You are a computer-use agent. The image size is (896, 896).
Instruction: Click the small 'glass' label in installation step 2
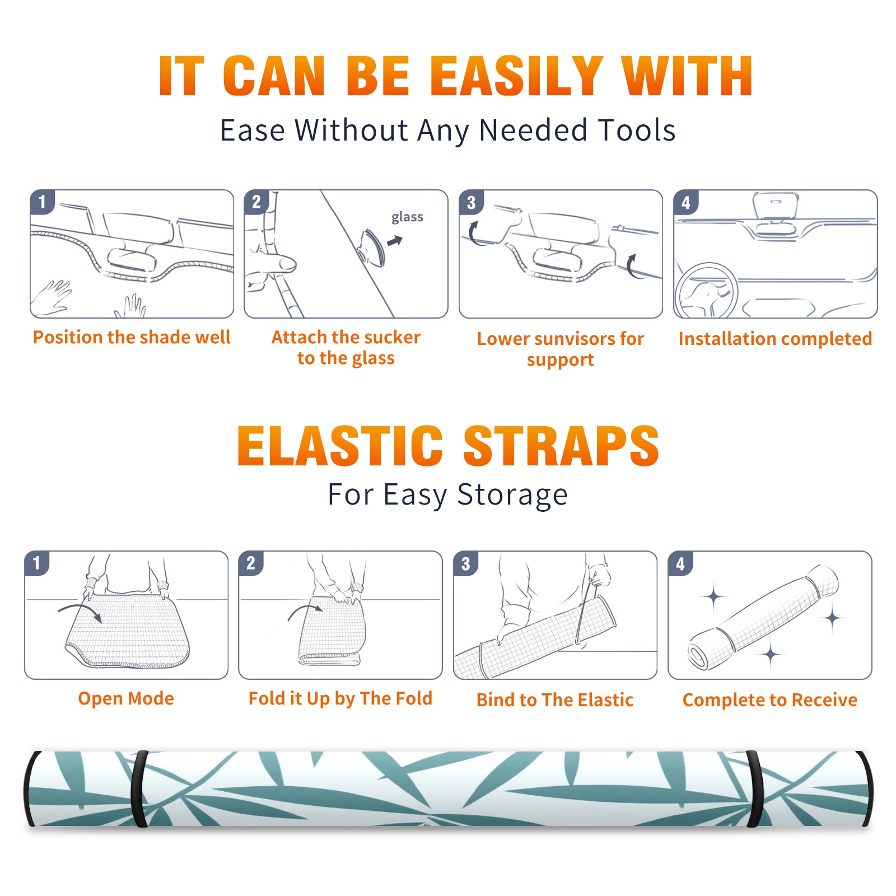[407, 217]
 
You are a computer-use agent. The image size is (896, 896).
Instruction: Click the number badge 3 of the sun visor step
[471, 202]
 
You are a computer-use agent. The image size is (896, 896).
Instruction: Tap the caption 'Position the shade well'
[132, 337]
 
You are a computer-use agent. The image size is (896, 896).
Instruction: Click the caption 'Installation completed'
[775, 339]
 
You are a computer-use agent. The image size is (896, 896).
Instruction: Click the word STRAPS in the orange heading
[561, 446]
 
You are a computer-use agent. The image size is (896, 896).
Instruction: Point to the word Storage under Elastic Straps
[512, 495]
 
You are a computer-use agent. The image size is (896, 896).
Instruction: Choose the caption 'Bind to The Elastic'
[555, 700]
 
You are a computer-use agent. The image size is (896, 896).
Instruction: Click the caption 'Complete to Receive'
[770, 700]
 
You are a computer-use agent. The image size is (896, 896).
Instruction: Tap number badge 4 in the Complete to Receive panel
[680, 563]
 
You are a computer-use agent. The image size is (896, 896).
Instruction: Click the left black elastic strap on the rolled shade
[139, 788]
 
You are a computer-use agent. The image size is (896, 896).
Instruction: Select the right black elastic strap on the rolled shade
[754, 788]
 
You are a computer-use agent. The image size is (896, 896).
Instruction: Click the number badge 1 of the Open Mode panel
[37, 563]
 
